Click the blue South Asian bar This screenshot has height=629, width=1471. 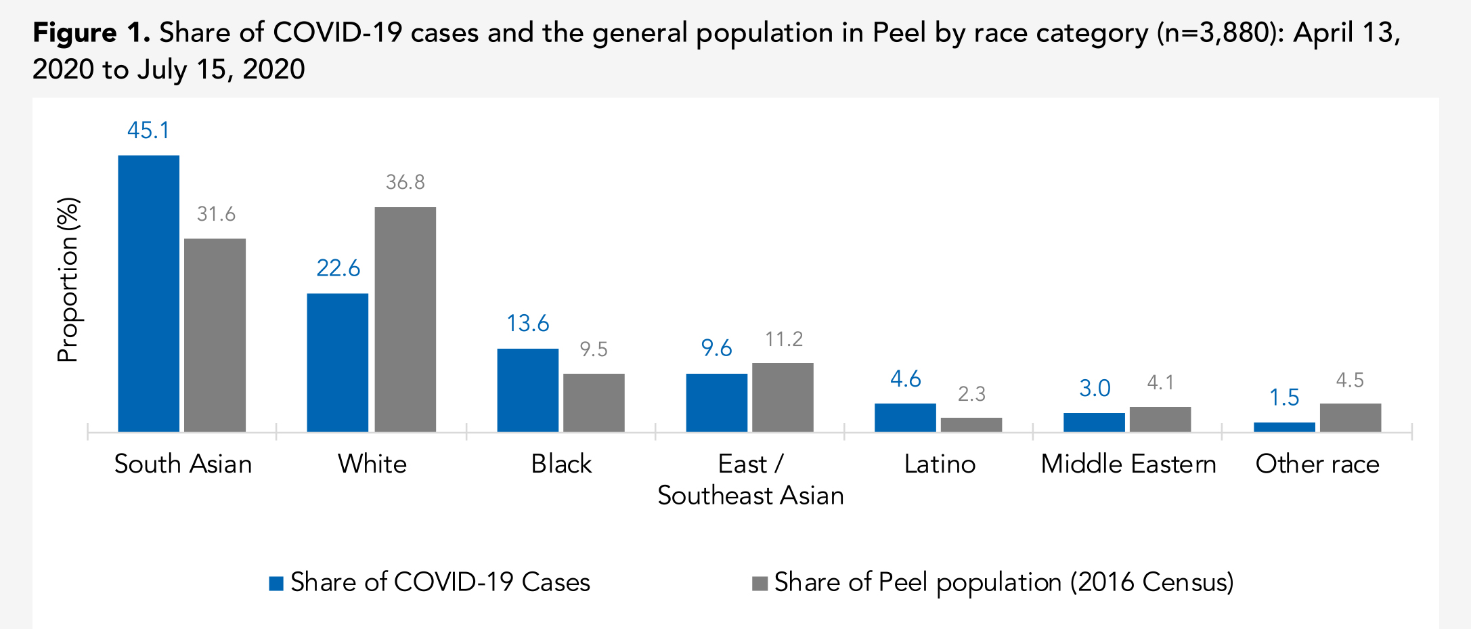(x=148, y=293)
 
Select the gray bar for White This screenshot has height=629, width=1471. (x=405, y=319)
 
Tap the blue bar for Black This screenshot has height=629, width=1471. (x=527, y=390)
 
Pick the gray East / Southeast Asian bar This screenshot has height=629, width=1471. (x=783, y=397)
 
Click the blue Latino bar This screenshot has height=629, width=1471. (x=905, y=417)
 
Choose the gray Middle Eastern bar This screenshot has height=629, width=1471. (x=1160, y=419)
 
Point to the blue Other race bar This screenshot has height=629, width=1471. (x=1284, y=427)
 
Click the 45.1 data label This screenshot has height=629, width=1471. (x=148, y=130)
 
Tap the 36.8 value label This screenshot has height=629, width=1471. (x=405, y=182)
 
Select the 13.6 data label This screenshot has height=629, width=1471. (x=528, y=324)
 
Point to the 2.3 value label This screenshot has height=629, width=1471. (x=971, y=394)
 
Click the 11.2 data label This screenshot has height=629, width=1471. (x=784, y=339)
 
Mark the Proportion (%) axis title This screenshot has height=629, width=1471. (x=68, y=280)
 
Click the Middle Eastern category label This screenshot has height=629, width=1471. (x=1128, y=464)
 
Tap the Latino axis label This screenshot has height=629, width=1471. (x=940, y=464)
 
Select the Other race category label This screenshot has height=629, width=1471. (x=1317, y=464)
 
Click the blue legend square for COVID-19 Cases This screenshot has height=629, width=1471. (x=276, y=584)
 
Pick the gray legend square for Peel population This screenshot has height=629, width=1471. (x=760, y=584)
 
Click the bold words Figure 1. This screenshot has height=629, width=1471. (x=91, y=32)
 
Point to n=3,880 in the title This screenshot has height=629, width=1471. (x=1216, y=32)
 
